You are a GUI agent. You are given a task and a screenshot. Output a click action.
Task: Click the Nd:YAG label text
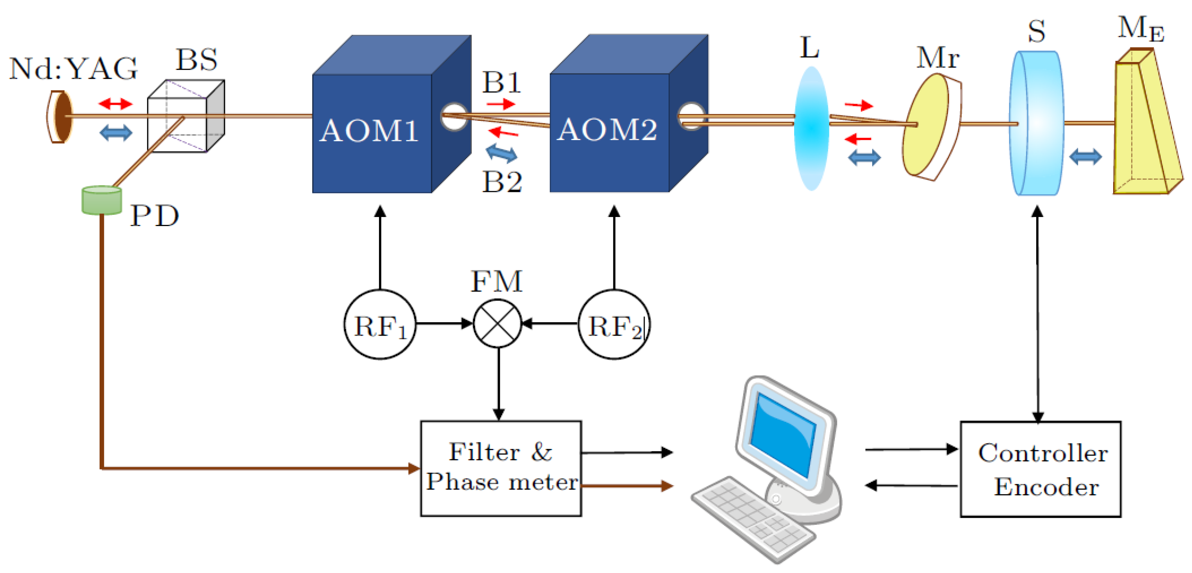click(x=73, y=69)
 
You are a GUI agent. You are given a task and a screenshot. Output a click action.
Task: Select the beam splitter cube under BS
click(x=185, y=118)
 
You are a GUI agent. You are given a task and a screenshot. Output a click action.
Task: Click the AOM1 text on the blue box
click(x=369, y=131)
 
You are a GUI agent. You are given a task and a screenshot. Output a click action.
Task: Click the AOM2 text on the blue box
click(x=606, y=130)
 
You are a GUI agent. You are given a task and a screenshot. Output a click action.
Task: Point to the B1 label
click(x=501, y=83)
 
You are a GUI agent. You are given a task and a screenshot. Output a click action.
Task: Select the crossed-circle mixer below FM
click(x=498, y=323)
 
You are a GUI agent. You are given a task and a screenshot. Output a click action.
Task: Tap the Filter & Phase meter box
click(x=501, y=468)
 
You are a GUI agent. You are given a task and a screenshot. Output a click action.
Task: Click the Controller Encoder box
click(x=1040, y=469)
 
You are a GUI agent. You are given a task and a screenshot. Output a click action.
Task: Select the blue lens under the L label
click(x=811, y=129)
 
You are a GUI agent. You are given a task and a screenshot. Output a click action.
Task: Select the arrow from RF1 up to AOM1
click(x=380, y=248)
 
